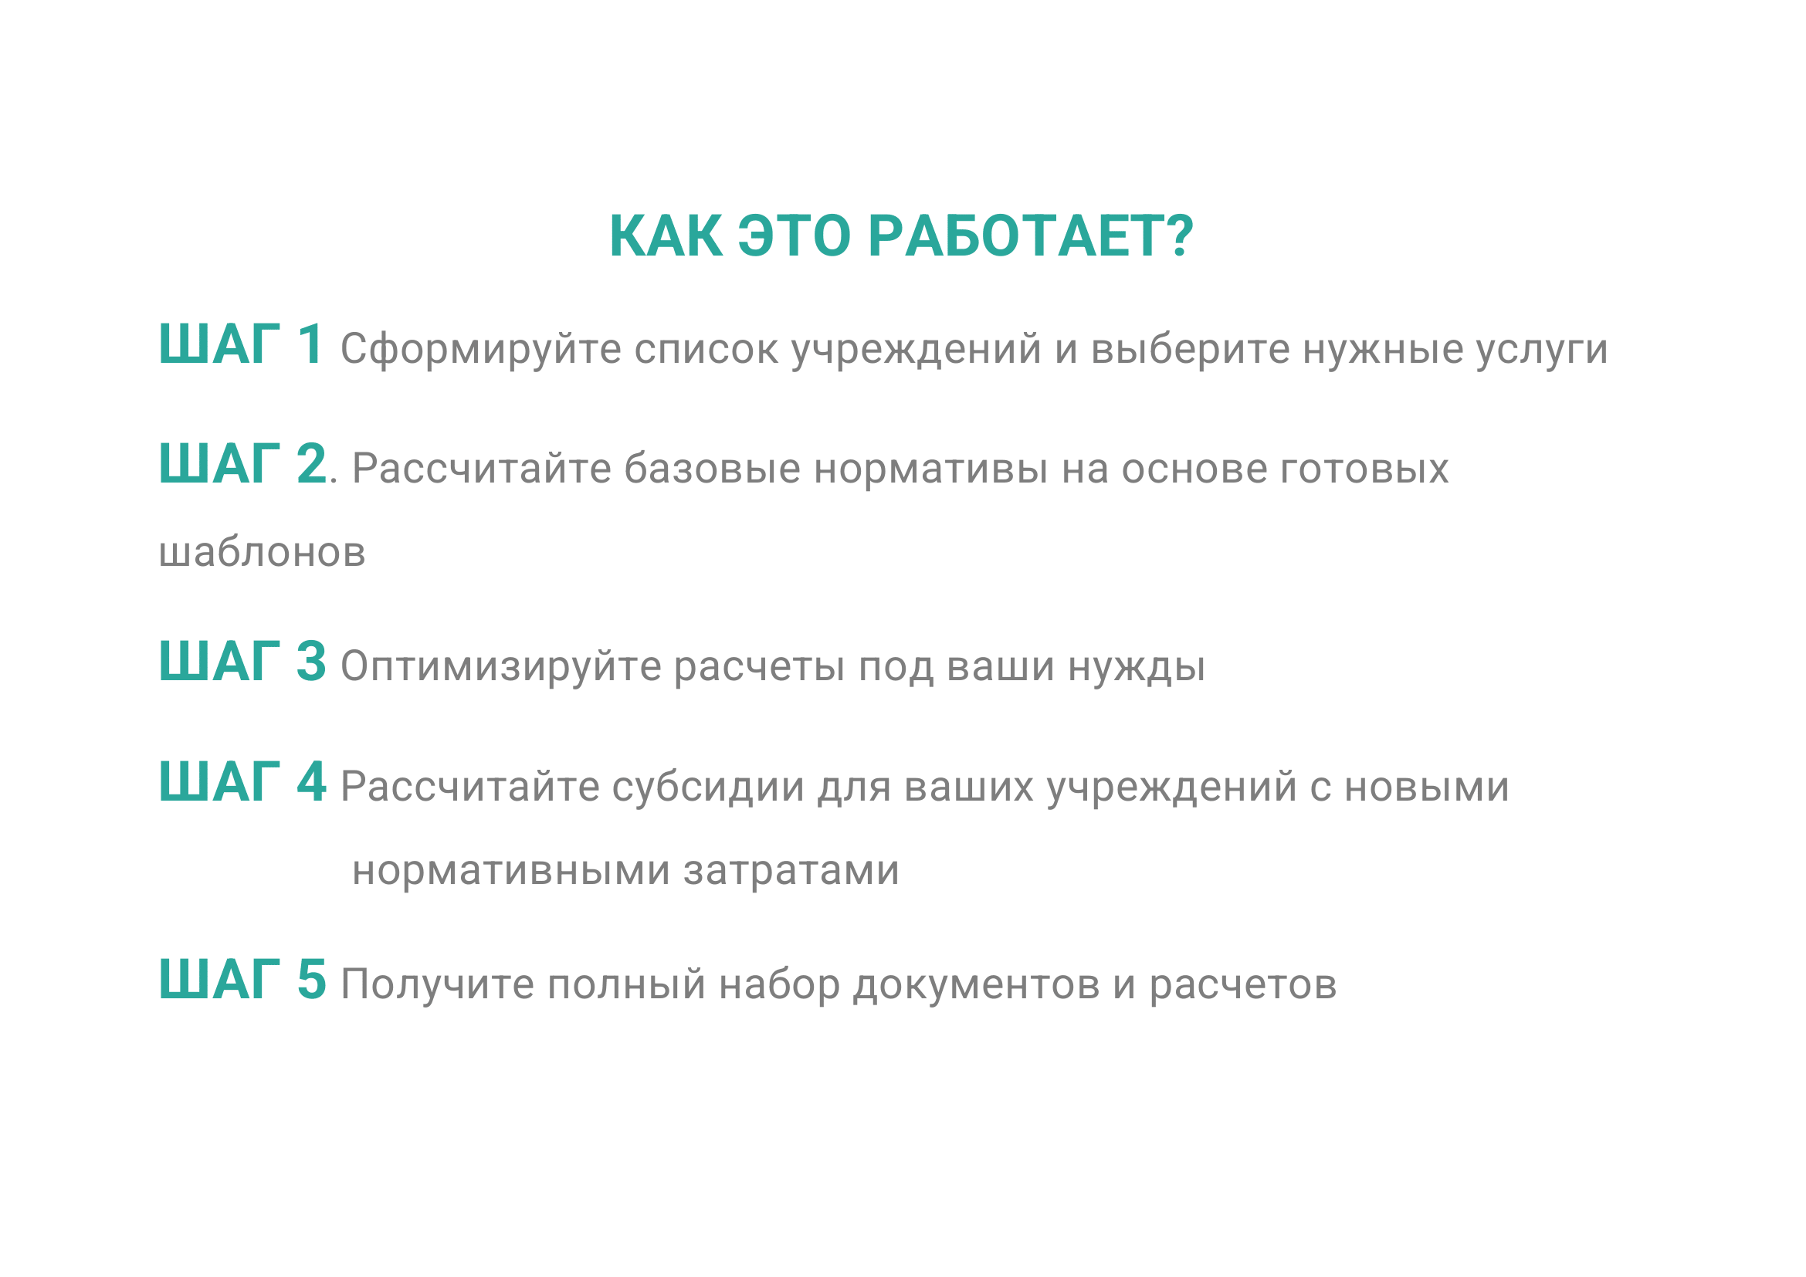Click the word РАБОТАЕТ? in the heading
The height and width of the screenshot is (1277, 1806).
pos(1032,236)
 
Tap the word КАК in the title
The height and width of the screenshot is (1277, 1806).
pos(666,236)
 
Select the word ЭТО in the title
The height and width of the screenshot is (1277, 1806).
pos(795,236)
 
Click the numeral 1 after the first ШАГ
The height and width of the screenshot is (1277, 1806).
pos(310,344)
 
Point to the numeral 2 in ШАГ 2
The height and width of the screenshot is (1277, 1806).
pos(311,463)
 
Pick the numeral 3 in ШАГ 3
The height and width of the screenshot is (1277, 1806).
pos(311,662)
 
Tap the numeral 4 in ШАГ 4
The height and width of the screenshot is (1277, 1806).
pos(311,781)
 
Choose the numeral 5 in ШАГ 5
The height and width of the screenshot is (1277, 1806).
pos(311,980)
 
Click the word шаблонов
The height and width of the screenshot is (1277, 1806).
pos(262,551)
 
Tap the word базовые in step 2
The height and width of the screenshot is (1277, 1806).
pos(713,468)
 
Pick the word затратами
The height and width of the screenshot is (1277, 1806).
pos(791,870)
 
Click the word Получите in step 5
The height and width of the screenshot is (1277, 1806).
pos(437,984)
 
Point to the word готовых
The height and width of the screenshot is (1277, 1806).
pos(1364,469)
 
